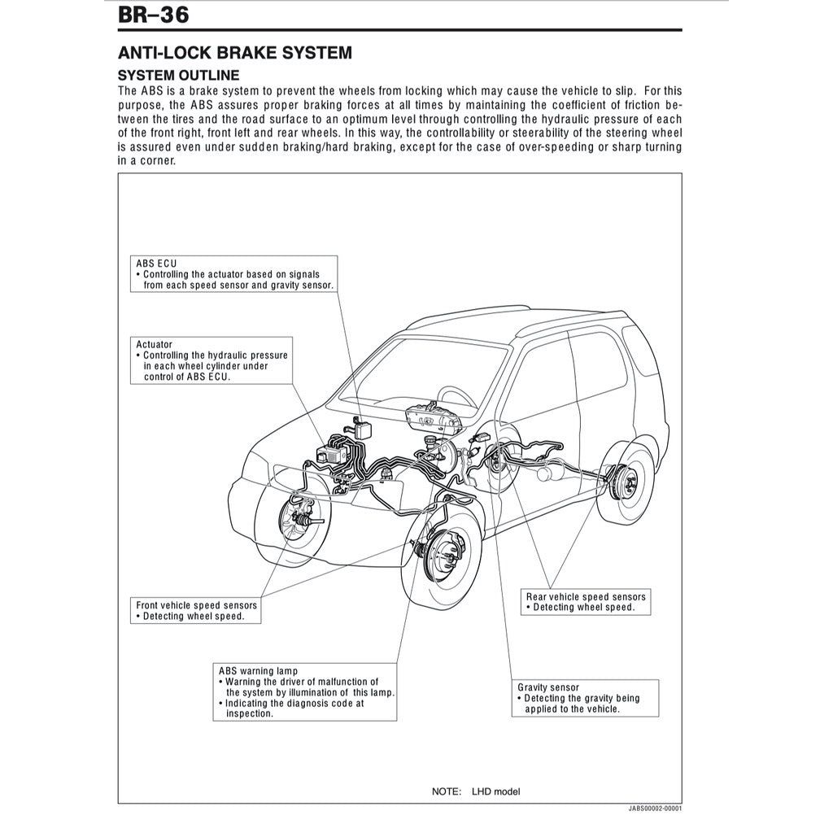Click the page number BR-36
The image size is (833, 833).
point(154,15)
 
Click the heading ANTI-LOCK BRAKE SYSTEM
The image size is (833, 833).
point(235,53)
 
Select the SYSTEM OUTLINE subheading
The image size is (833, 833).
point(178,75)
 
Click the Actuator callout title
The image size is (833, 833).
point(154,344)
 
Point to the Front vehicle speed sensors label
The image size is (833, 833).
point(196,605)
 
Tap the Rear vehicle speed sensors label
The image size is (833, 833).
point(586,597)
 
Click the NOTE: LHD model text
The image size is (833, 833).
point(475,792)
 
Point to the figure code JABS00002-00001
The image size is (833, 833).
point(655,810)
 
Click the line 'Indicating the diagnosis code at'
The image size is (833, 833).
point(291,703)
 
